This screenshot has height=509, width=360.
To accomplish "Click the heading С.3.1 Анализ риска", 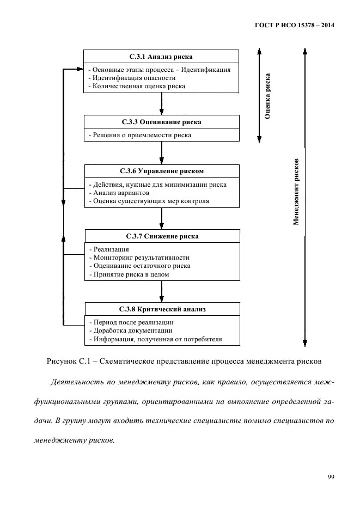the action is [x=161, y=57].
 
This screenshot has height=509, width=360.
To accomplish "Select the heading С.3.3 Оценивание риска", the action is [x=162, y=122].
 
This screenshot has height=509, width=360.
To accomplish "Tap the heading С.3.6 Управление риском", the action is [x=162, y=171].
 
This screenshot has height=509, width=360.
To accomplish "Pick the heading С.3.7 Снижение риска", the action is [x=162, y=236].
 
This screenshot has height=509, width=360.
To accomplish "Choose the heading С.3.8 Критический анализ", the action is [x=162, y=309].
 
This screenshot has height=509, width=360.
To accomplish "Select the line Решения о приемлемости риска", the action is [x=140, y=135].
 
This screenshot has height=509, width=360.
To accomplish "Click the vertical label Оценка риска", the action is [x=267, y=96].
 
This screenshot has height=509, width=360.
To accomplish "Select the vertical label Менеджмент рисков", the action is [x=296, y=192].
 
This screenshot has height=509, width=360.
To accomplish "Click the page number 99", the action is [x=331, y=477].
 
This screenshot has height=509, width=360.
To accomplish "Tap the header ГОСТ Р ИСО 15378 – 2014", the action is [x=295, y=25].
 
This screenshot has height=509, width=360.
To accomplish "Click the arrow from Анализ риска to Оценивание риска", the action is [x=162, y=104].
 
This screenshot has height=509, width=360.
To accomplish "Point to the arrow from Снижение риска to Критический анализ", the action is [x=162, y=291].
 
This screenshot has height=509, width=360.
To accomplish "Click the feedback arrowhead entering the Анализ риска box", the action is [x=80, y=69].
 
